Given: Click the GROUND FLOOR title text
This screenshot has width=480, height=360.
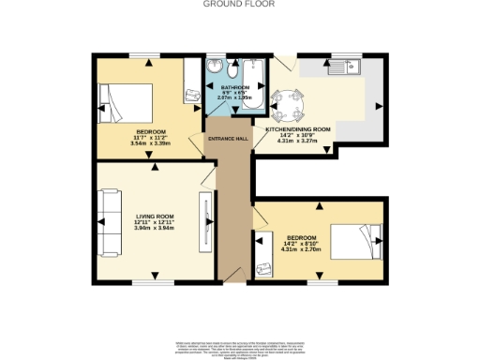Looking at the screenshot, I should [239, 4].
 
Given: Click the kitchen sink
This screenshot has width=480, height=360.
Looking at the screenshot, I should [354, 66].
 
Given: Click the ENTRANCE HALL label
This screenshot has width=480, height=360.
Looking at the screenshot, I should [227, 138].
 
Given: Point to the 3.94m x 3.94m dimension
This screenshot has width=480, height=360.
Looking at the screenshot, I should [150, 228].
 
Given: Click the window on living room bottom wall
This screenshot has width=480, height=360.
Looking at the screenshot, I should [146, 282].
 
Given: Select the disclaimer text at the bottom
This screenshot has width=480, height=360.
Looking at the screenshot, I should [239, 347].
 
